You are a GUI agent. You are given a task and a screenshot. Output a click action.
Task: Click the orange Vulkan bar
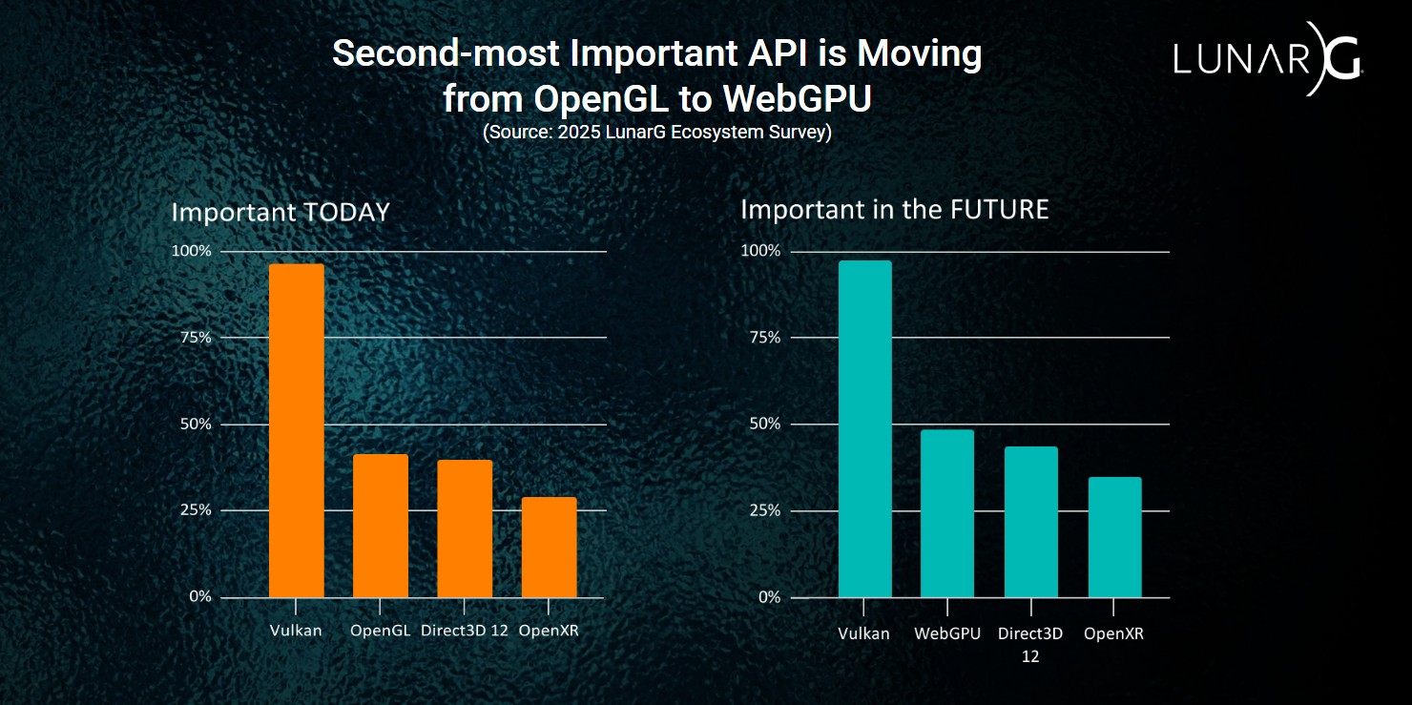pos(296,430)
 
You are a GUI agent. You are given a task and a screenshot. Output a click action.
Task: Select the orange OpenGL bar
pos(380,526)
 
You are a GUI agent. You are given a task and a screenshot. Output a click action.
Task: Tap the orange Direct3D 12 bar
pos(465,529)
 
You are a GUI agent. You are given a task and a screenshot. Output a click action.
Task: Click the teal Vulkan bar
pos(864,429)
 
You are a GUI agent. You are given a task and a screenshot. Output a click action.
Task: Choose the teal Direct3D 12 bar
pos(1030,522)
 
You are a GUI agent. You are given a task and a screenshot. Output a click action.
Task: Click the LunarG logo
pos(1267,59)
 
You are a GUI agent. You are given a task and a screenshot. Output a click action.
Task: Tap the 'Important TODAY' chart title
pos(280,212)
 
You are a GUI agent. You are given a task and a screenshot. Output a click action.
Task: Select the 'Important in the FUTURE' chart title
pos(894,210)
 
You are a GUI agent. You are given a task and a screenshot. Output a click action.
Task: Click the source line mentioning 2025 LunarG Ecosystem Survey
pos(656,132)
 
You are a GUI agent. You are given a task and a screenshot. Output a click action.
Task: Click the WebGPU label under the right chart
pos(946,633)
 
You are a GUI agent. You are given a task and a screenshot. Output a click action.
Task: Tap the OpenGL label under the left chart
pos(380,631)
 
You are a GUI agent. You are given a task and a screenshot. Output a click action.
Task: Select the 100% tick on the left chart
pos(191,251)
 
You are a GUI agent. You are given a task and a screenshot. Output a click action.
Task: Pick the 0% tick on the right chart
pos(767,597)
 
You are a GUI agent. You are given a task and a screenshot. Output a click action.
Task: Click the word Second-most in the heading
pos(445,54)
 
